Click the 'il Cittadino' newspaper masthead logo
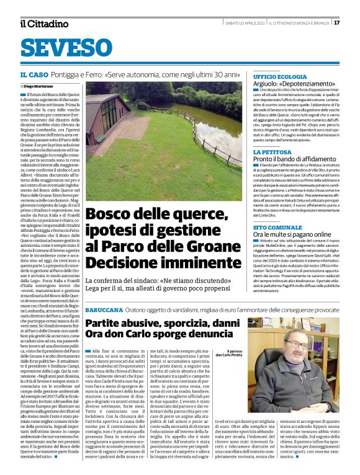point(43,24)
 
